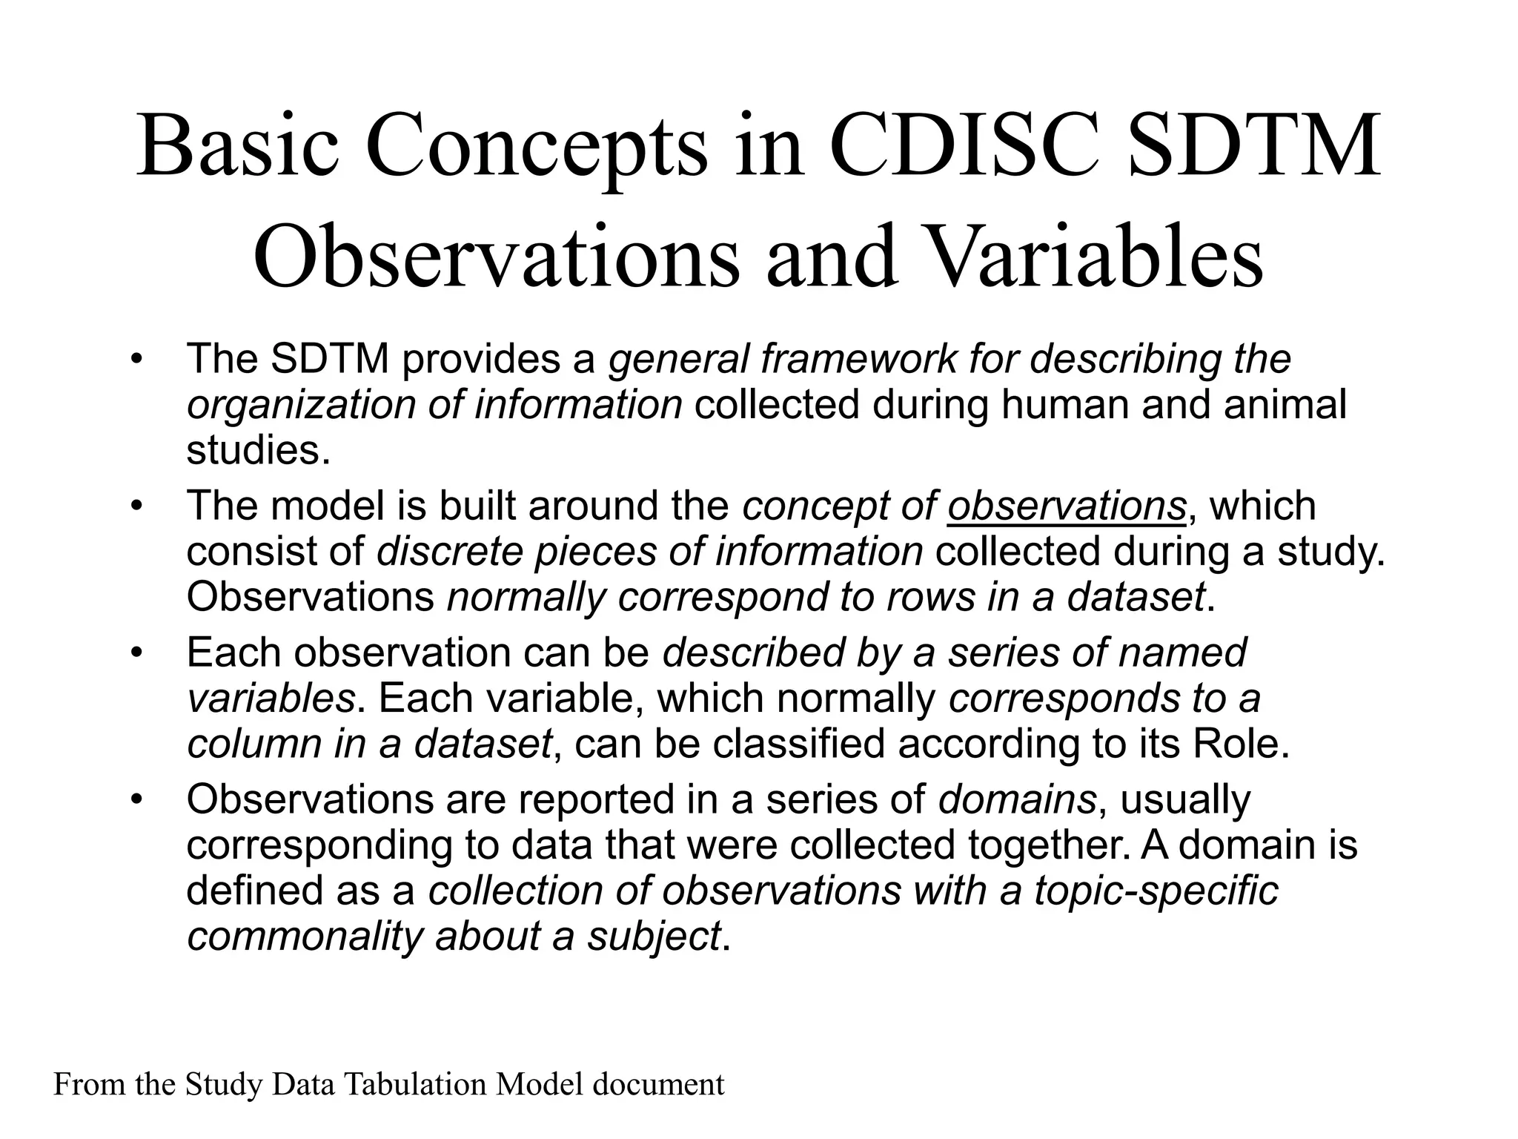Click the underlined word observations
click(x=1066, y=506)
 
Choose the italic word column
click(x=253, y=744)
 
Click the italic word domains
click(x=1017, y=799)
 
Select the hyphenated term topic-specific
click(x=1156, y=891)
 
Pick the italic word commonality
click(x=304, y=937)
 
